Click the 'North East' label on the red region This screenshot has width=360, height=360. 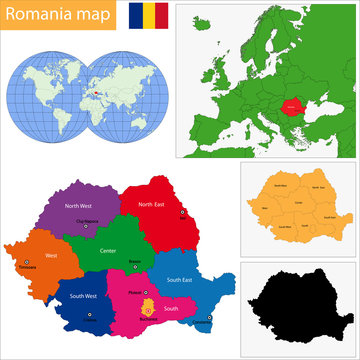point(153,204)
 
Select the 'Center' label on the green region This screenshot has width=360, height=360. point(108,250)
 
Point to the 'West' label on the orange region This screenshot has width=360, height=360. point(50,256)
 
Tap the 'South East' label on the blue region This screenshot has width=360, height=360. point(181,280)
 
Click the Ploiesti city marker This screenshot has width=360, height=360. point(144,291)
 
